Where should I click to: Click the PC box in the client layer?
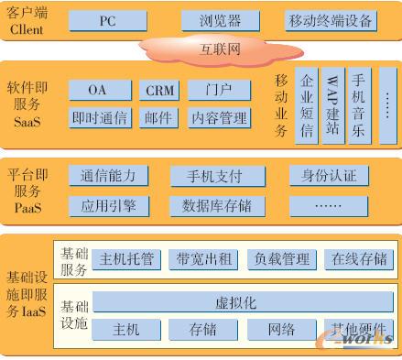[x=108, y=19]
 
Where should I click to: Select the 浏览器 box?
[x=220, y=19]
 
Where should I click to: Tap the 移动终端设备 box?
[x=331, y=19]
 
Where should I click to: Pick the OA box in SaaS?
[x=97, y=91]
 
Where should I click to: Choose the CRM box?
[x=160, y=91]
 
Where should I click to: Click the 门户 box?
[x=219, y=91]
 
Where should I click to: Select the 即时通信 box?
[x=99, y=117]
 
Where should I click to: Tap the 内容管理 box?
[x=219, y=117]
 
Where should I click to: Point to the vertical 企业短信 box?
[x=306, y=106]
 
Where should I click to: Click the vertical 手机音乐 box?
[x=358, y=106]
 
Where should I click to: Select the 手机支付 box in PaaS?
[x=220, y=176]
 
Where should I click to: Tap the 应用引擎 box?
[x=108, y=204]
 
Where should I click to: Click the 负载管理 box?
[x=281, y=259]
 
